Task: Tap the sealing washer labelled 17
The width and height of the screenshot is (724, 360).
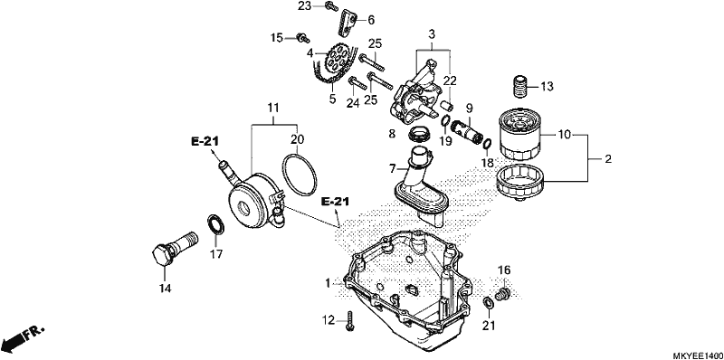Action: [x=215, y=224]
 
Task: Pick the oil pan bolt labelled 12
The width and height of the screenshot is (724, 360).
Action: [x=350, y=321]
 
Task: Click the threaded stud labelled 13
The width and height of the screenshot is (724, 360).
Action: [x=520, y=86]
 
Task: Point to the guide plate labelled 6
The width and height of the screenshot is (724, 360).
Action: [x=348, y=24]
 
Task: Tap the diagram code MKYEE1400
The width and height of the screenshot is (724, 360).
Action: [x=698, y=355]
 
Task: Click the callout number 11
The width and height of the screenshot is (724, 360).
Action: [x=273, y=109]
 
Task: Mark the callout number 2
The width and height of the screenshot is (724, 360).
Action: [x=607, y=159]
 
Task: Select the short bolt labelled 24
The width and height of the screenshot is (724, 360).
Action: [x=357, y=83]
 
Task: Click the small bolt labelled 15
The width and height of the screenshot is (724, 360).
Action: [x=302, y=38]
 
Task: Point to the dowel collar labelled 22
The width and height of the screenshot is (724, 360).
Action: [x=448, y=105]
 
